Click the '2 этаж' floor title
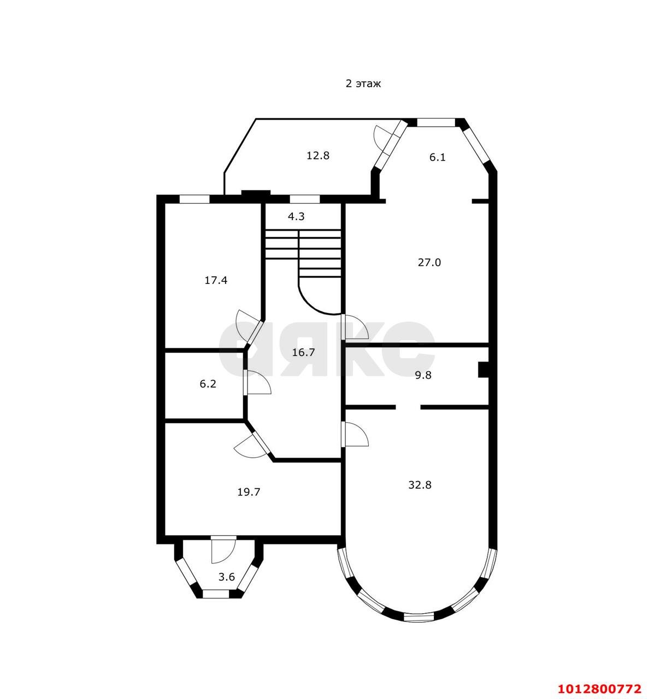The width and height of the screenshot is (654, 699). click(x=363, y=84)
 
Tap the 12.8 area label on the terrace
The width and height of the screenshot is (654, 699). click(x=317, y=155)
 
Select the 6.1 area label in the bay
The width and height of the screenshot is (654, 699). click(x=437, y=157)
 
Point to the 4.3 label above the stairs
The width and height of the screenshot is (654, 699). click(x=296, y=216)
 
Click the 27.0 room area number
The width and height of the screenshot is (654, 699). click(x=429, y=262)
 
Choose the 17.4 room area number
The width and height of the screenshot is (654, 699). click(x=216, y=280)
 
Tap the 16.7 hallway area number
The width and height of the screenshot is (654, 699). click(x=303, y=352)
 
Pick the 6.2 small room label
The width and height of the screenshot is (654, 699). click(x=208, y=384)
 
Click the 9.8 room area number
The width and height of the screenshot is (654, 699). click(x=423, y=375)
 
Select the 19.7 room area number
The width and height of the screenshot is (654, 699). click(x=249, y=491)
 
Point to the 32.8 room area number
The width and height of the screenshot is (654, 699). click(x=420, y=485)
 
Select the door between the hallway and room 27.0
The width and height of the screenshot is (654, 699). click(x=356, y=327)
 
